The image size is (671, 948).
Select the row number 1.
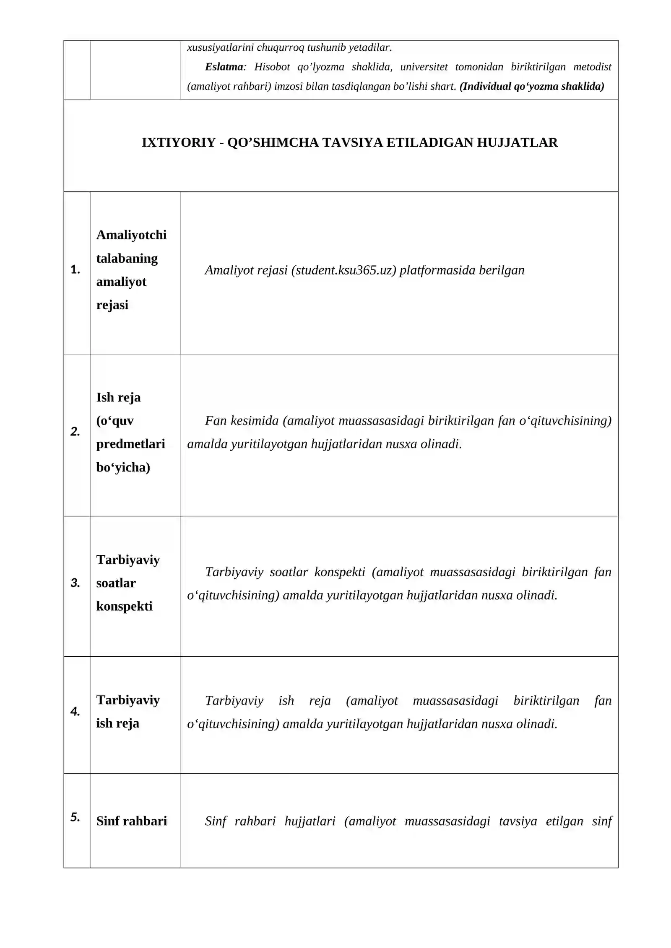click(x=75, y=269)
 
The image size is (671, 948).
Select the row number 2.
click(x=75, y=431)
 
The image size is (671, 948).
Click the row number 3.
click(x=75, y=583)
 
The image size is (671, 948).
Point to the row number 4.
click(x=75, y=711)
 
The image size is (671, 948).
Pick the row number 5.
click(x=75, y=817)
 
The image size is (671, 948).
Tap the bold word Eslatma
click(x=224, y=67)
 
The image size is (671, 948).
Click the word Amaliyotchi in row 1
click(x=131, y=235)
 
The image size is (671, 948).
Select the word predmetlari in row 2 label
click(x=130, y=443)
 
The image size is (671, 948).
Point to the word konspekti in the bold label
click(x=124, y=606)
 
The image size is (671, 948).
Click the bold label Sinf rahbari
click(x=131, y=821)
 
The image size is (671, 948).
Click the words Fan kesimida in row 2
click(x=242, y=420)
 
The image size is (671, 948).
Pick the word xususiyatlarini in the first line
click(x=220, y=47)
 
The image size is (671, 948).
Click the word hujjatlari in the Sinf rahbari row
click(x=310, y=821)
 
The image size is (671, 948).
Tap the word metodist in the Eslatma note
click(x=592, y=67)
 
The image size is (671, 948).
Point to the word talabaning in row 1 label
click(x=127, y=258)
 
